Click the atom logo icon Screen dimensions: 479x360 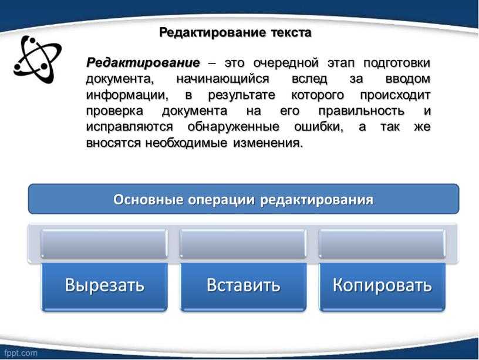[x=37, y=59]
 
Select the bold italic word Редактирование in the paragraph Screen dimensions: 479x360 [x=143, y=63]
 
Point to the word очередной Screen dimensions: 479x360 [x=286, y=63]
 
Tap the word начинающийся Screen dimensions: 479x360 [x=222, y=79]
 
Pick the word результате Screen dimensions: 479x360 [x=242, y=95]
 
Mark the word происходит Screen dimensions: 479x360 [x=395, y=95]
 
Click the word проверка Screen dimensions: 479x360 [x=114, y=111]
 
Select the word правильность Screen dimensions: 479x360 [x=361, y=111]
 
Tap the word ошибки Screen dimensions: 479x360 [x=319, y=127]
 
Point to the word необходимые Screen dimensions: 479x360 [x=186, y=143]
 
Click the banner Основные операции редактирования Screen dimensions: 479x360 [x=244, y=199]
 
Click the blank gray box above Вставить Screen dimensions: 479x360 [x=243, y=244]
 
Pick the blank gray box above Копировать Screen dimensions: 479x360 [x=382, y=244]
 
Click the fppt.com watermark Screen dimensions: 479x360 [x=21, y=354]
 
